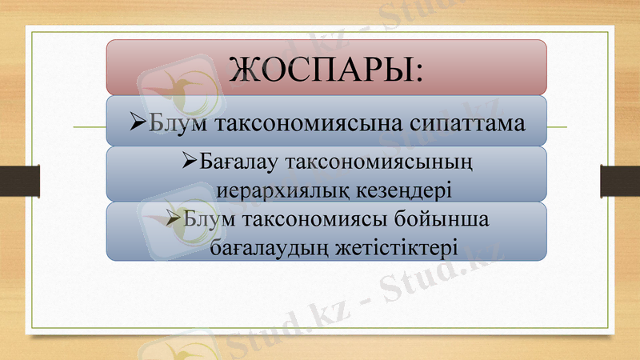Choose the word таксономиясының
379,164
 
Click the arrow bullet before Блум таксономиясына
135,124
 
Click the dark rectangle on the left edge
14,181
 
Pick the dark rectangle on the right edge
620,181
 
